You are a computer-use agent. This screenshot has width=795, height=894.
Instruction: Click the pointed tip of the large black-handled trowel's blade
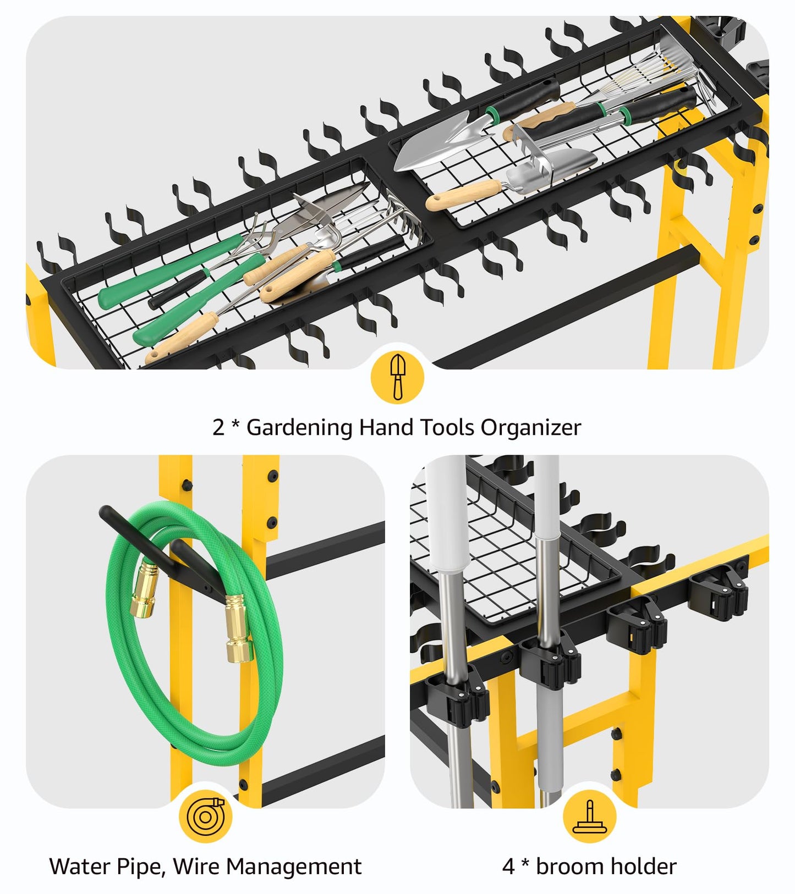coord(396,165)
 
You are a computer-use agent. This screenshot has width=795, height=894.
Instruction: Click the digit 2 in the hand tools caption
coord(218,427)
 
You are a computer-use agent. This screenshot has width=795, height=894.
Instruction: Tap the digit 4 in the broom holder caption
coord(509,866)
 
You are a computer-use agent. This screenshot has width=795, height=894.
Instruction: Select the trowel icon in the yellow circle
coord(397,377)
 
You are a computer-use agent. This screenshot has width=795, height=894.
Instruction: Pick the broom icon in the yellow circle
coord(589,817)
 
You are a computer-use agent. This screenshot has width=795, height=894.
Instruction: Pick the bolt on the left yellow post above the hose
coord(187,484)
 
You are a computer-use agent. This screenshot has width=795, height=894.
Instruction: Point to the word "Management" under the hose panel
coord(294,867)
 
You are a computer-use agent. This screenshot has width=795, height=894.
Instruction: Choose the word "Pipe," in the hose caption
coord(140,867)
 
